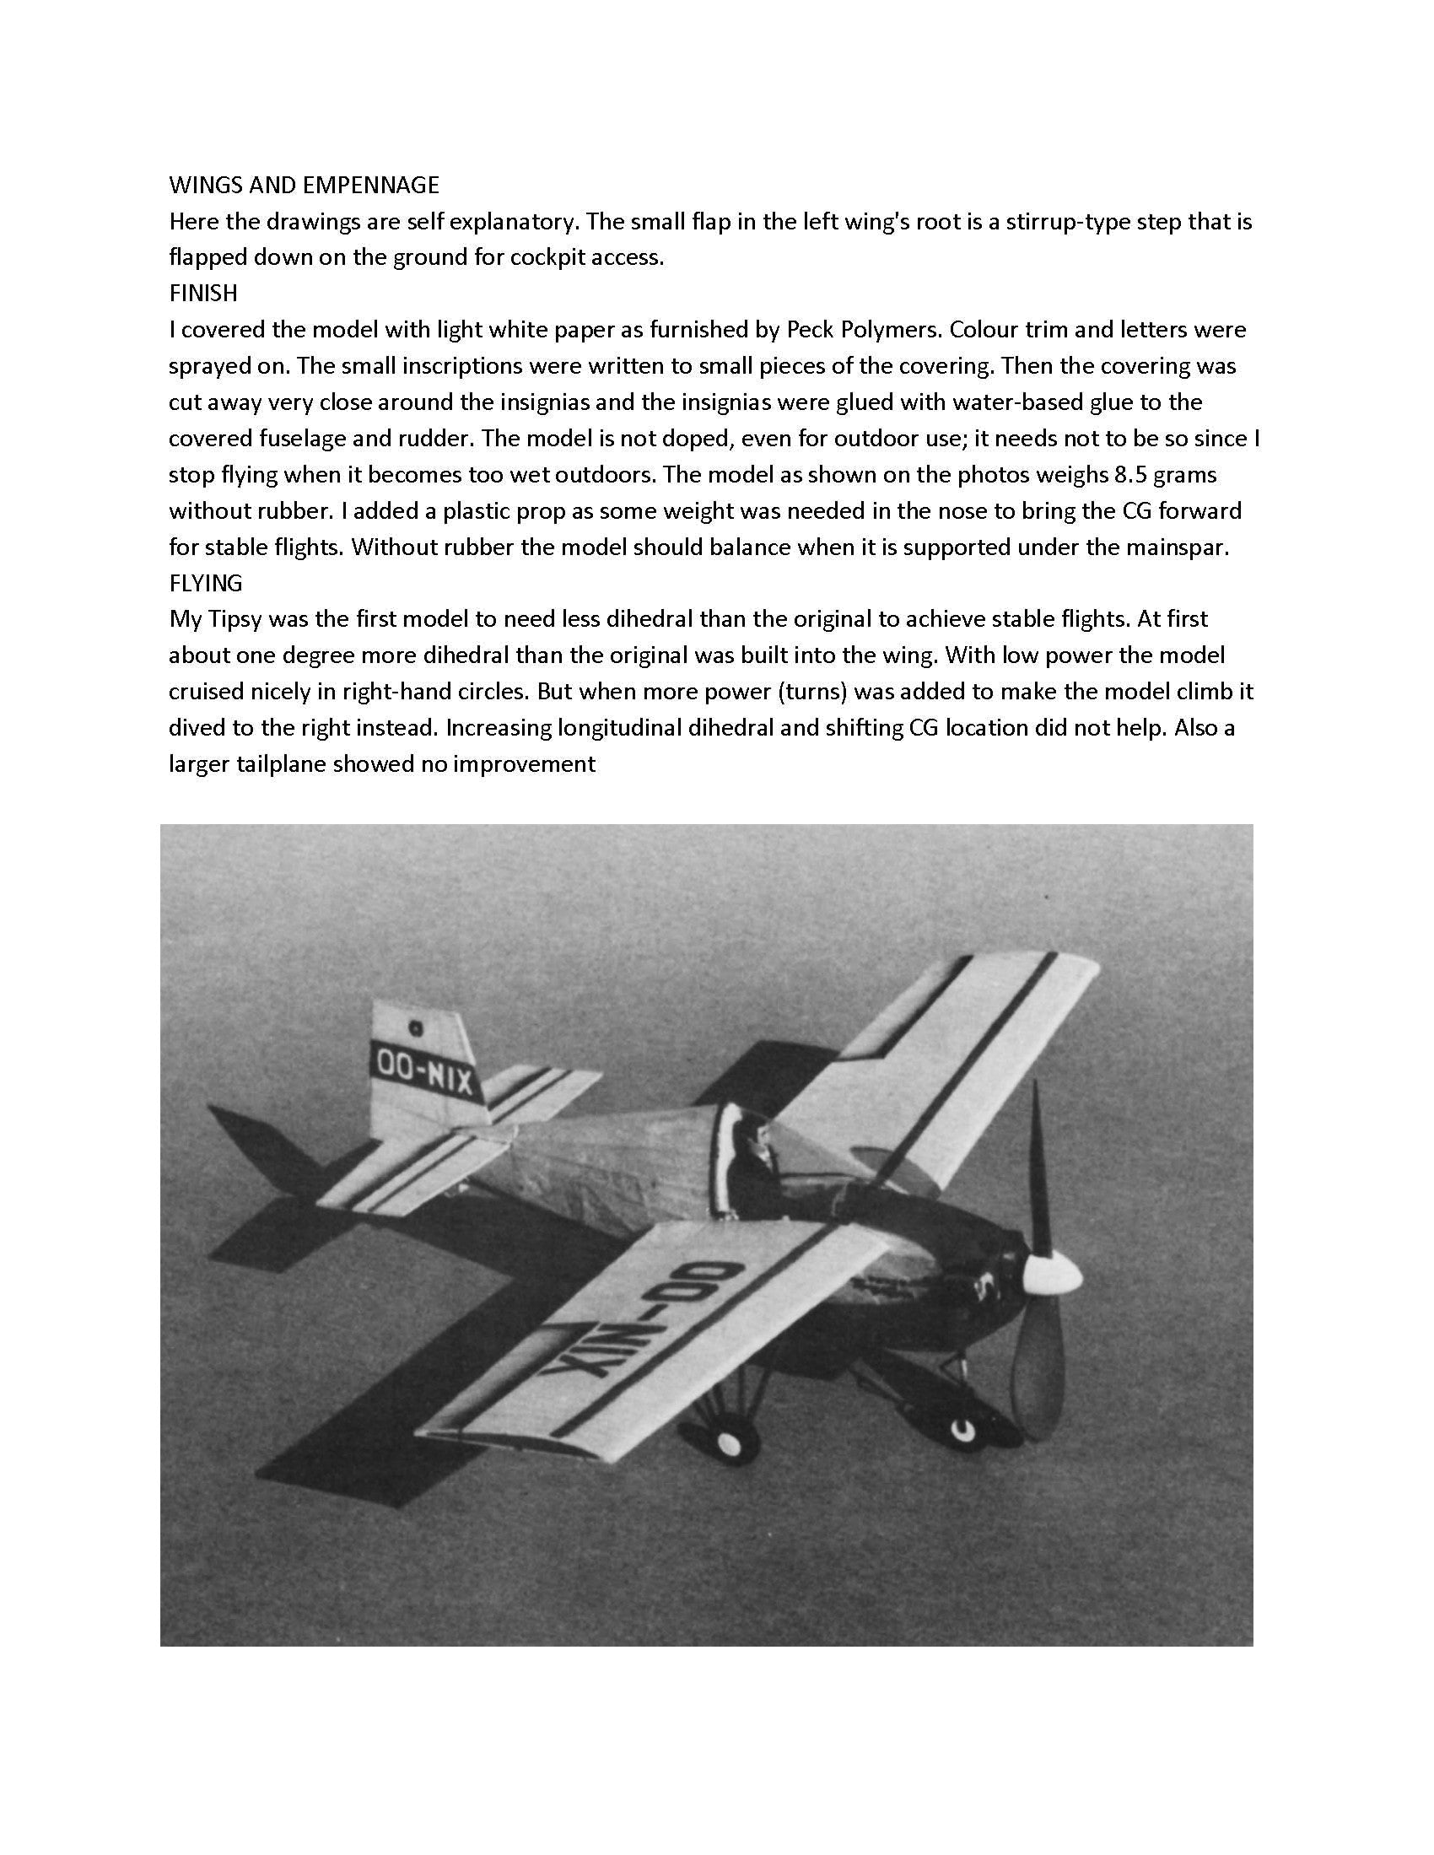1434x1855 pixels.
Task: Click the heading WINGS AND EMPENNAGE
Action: (305, 185)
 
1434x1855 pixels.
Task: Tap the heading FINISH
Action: (203, 293)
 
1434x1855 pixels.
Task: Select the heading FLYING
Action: (206, 583)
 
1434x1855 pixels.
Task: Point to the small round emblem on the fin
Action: (416, 1027)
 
